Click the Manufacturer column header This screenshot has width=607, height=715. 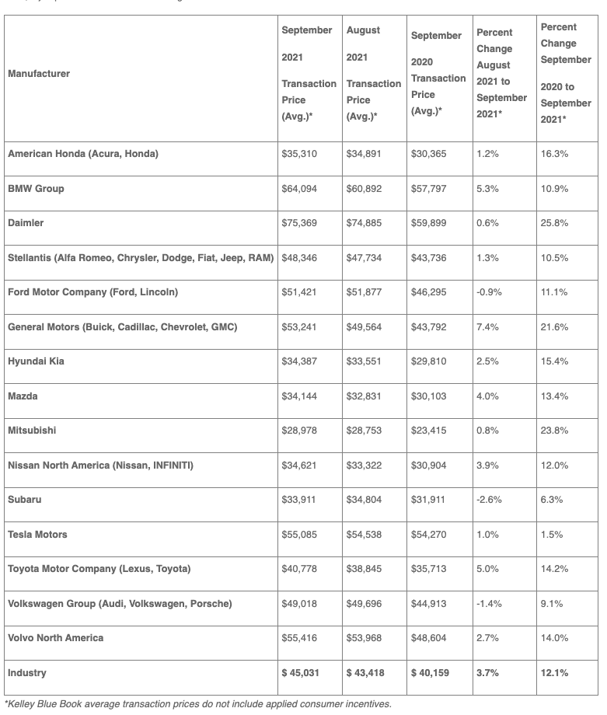[x=39, y=74]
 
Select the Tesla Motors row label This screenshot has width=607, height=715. [x=37, y=535]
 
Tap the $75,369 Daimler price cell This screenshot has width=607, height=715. [x=298, y=223]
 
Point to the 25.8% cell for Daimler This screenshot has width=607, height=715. [x=554, y=223]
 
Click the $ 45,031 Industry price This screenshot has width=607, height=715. [x=300, y=672]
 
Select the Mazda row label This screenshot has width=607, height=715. [x=23, y=396]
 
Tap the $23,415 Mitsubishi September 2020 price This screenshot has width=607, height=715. [x=428, y=431]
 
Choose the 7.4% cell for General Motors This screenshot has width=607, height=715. [x=487, y=327]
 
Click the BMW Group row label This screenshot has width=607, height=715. [x=36, y=189]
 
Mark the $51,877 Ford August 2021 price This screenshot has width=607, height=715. [x=364, y=292]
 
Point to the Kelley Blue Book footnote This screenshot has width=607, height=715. [x=198, y=704]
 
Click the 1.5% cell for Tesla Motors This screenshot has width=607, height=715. [x=552, y=535]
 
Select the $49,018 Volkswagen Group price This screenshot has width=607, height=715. [x=298, y=604]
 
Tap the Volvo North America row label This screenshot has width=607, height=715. [x=55, y=638]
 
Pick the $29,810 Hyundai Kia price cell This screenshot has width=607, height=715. [x=428, y=362]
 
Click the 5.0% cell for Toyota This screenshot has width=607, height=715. [x=487, y=569]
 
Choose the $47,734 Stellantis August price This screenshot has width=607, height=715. [x=364, y=258]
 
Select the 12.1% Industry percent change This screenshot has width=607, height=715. [x=554, y=672]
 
